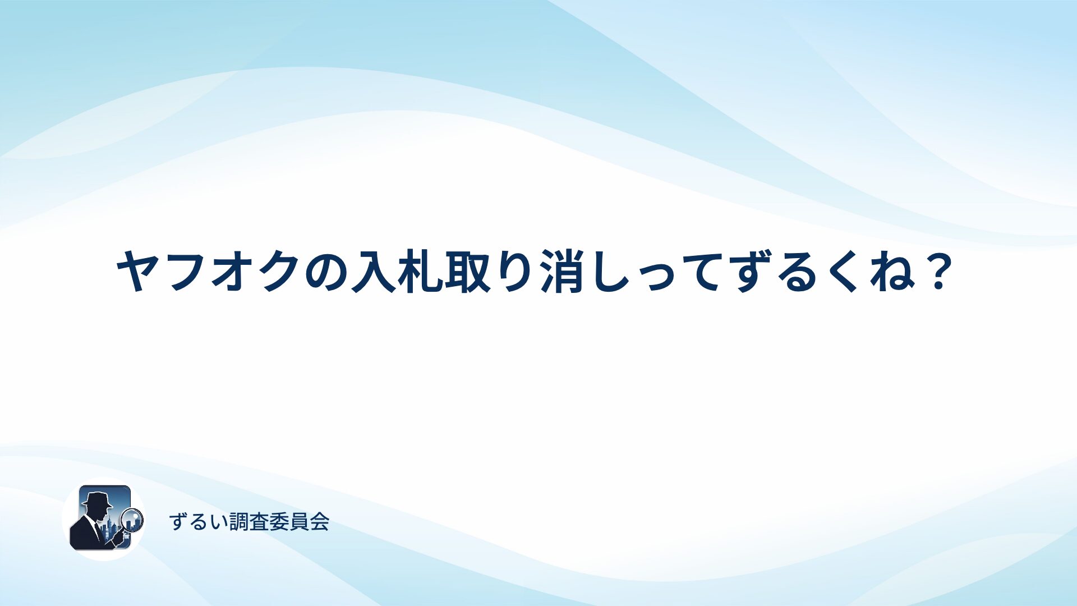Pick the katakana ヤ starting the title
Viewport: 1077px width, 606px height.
pyautogui.click(x=138, y=271)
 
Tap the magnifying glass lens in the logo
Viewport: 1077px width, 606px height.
pyautogui.click(x=133, y=520)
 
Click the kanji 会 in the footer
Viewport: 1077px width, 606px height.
pyautogui.click(x=319, y=522)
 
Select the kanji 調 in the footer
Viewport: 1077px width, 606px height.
pyautogui.click(x=240, y=522)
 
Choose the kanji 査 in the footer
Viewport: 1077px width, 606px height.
pyautogui.click(x=260, y=522)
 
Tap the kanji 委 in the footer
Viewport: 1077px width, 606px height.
pyautogui.click(x=279, y=522)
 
